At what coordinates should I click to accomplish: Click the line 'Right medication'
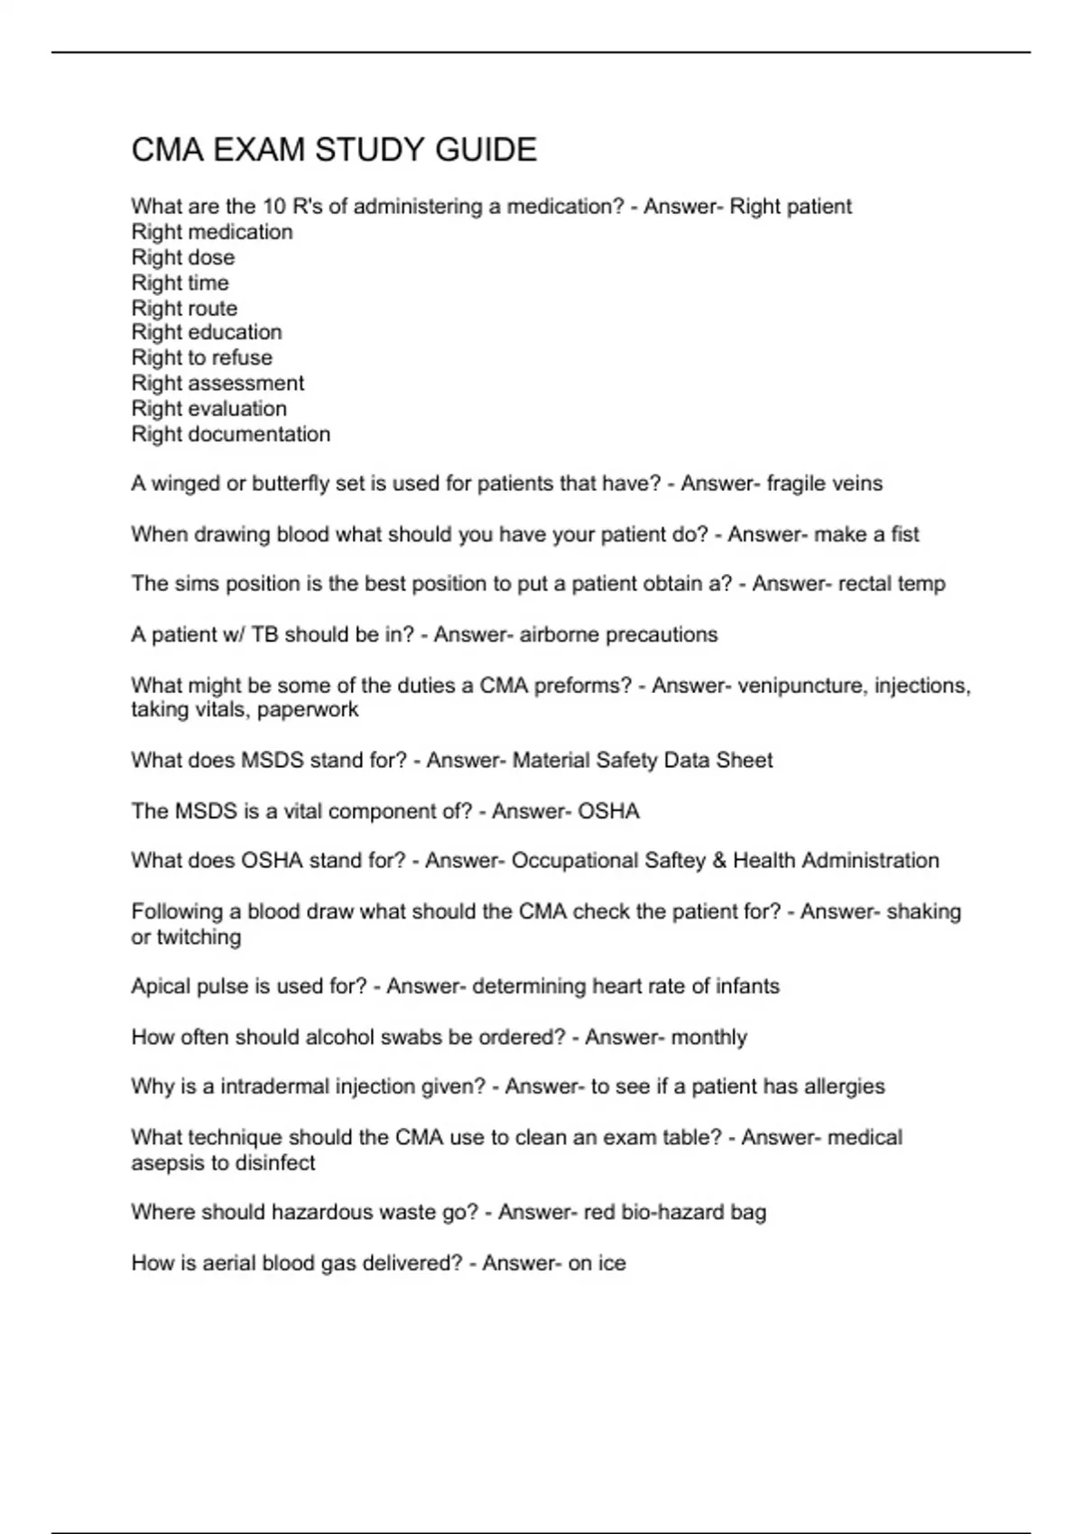coord(212,232)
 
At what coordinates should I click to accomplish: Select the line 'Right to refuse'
coord(201,358)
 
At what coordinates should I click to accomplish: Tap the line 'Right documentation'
coord(230,434)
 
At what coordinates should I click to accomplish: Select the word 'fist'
coord(904,534)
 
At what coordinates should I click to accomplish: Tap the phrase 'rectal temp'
coord(892,584)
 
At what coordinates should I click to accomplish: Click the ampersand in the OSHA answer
coord(719,861)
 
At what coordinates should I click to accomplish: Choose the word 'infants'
coord(747,986)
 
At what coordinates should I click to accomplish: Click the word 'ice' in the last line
coord(611,1263)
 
